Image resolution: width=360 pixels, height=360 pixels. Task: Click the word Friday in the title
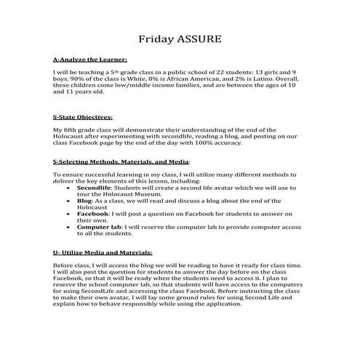click(x=156, y=37)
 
